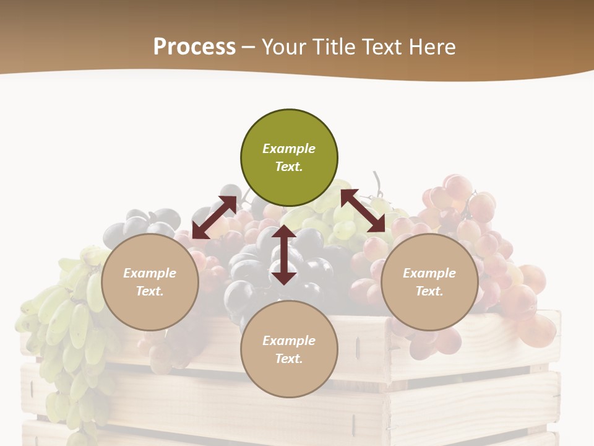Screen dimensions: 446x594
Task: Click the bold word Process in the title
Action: coord(194,46)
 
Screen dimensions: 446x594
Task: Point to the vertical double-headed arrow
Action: coord(284,255)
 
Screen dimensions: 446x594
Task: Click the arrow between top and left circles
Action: coord(214,217)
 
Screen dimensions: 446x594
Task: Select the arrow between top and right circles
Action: coord(363,211)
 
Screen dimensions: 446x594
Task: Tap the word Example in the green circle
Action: coord(289,149)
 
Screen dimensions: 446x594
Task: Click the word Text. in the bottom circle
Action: coord(289,359)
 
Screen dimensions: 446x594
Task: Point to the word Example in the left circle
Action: coord(150,273)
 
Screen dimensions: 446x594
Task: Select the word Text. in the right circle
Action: coord(429,291)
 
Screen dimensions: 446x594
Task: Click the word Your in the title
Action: coord(283,46)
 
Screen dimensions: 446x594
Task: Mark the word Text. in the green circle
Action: coord(289,167)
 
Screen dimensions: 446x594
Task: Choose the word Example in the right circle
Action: coord(429,273)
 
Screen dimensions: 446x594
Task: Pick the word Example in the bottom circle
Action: coord(289,341)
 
